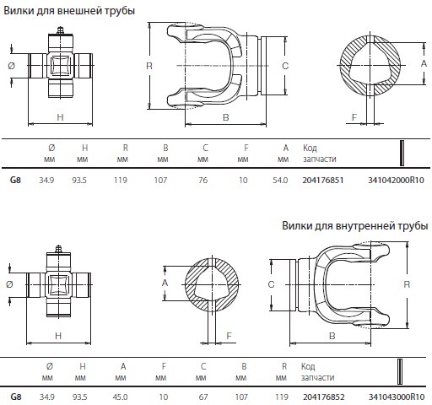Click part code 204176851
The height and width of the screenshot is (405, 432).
coord(323,180)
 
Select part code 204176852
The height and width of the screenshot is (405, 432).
coord(324,397)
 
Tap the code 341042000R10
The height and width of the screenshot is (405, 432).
coord(396,180)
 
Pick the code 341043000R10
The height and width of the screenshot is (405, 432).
coord(397,397)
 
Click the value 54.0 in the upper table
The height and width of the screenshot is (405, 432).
coord(280,180)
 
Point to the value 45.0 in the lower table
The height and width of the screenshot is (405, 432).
coord(120,397)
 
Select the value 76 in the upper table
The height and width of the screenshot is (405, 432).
coord(203,180)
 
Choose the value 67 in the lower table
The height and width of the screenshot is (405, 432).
coord(203,397)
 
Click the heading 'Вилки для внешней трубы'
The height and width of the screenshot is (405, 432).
coord(69,11)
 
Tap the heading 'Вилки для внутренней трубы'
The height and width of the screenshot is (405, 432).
coord(355,226)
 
